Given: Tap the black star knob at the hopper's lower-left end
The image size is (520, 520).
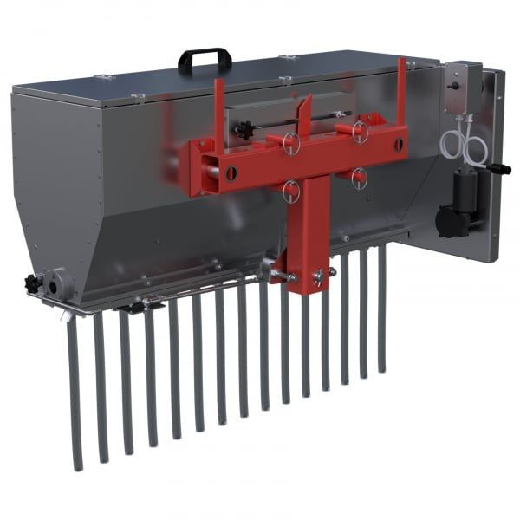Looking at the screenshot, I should click(34, 283).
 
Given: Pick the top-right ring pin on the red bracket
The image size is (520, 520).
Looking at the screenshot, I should click(359, 131).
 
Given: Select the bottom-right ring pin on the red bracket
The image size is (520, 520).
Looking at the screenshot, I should click(358, 177).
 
